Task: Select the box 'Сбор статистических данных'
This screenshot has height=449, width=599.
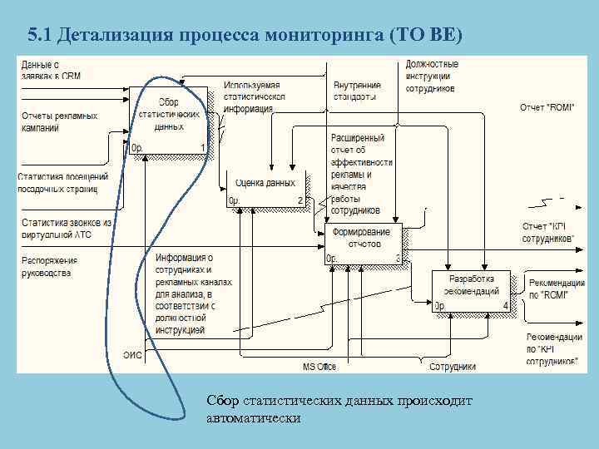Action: pyautogui.click(x=169, y=121)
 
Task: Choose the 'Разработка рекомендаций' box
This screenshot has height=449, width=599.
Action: pyautogui.click(x=471, y=290)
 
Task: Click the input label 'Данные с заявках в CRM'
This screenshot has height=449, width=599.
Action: pyautogui.click(x=51, y=70)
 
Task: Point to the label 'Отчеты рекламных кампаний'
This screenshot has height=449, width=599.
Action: pyautogui.click(x=58, y=121)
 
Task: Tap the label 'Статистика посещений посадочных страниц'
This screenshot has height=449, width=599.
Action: pyautogui.click(x=63, y=183)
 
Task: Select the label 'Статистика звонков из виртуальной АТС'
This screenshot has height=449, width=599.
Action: pyautogui.click(x=67, y=228)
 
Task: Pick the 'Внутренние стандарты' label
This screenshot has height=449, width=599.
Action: pyautogui.click(x=357, y=90)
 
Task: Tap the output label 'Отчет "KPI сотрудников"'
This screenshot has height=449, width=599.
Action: pyautogui.click(x=548, y=232)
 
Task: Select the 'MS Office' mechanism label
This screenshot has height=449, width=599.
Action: pyautogui.click(x=319, y=366)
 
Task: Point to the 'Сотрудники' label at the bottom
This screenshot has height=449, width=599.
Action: pyautogui.click(x=452, y=366)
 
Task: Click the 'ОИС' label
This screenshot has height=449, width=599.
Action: pyautogui.click(x=132, y=355)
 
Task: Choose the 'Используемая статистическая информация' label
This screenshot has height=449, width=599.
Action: pyautogui.click(x=253, y=97)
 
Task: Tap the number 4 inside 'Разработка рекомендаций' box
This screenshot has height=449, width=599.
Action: pyautogui.click(x=505, y=306)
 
